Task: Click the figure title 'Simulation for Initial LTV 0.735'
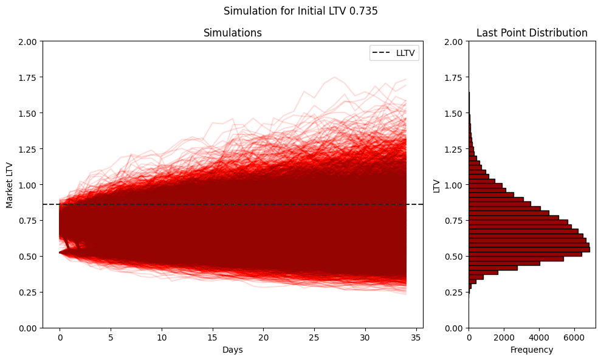[300, 11]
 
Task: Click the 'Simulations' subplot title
[233, 33]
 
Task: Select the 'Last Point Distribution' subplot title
[532, 33]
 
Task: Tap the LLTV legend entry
[395, 54]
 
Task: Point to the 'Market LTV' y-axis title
[10, 184]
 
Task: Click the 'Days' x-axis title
[233, 350]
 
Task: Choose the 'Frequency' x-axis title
[532, 350]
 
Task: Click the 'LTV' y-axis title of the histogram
[436, 185]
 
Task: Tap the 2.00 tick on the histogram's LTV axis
[454, 42]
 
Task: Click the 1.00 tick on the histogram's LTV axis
[454, 185]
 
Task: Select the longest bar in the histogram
[529, 249]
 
